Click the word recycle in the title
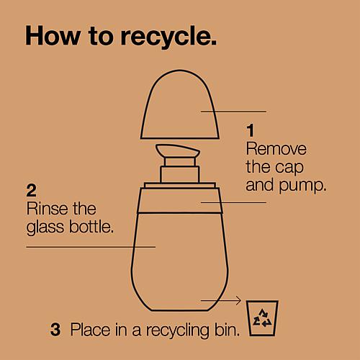pyautogui.click(x=168, y=37)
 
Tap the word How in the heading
pyautogui.click(x=53, y=35)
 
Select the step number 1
pyautogui.click(x=251, y=130)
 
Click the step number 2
pyautogui.click(x=32, y=191)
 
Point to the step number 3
pyautogui.click(x=55, y=330)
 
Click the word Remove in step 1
pyautogui.click(x=276, y=149)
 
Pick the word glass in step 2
pyautogui.click(x=45, y=228)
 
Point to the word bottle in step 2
pyautogui.click(x=91, y=226)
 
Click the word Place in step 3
pyautogui.click(x=91, y=330)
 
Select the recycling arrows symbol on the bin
pyautogui.click(x=262, y=318)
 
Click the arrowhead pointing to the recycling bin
pyautogui.click(x=238, y=300)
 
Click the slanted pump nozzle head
pyautogui.click(x=178, y=150)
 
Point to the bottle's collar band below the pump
pyautogui.click(x=180, y=201)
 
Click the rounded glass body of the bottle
pyautogui.click(x=180, y=261)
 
